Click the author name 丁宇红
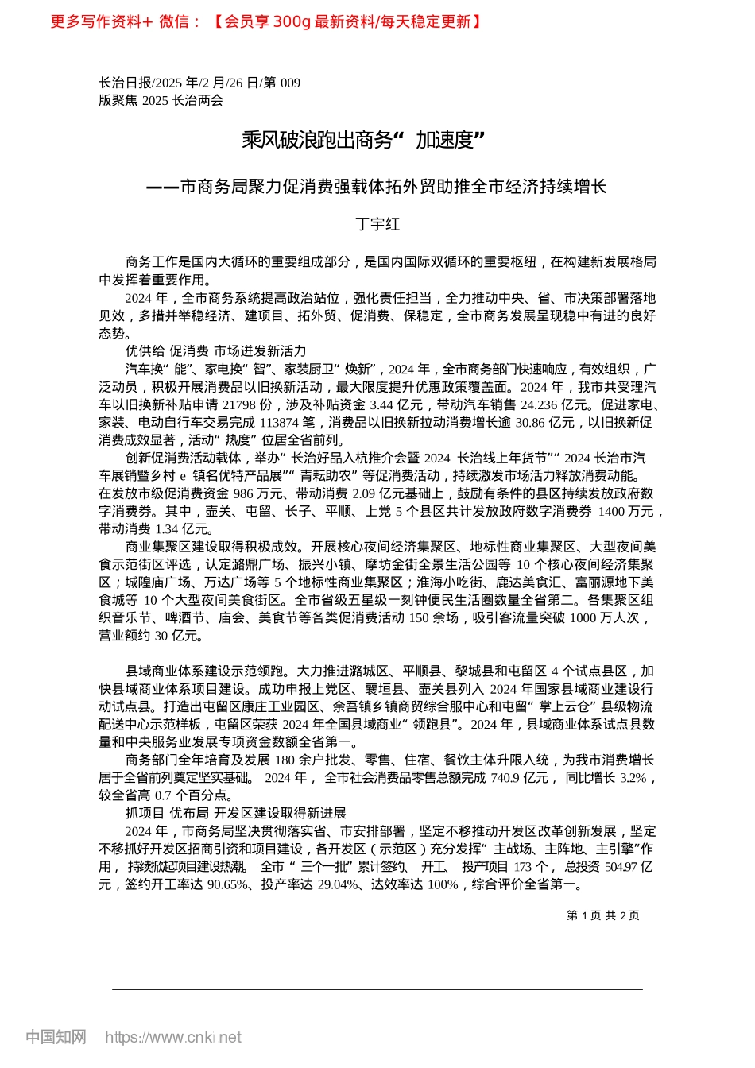point(377,224)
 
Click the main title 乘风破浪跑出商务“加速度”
point(363,141)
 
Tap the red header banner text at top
point(265,21)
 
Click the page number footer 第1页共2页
point(603,915)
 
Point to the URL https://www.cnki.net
point(173,1037)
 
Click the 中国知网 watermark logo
point(56,1037)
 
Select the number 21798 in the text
point(238,404)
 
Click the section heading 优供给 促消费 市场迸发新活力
point(215,351)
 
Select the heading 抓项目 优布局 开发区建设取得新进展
point(235,813)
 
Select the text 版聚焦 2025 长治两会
point(161,100)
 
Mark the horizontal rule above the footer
point(377,989)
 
